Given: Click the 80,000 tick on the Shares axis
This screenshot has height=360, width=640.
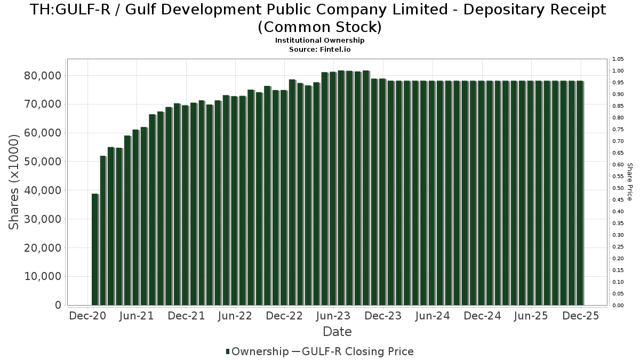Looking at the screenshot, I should [43, 76].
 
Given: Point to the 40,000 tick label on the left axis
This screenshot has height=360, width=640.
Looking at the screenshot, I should [43, 190].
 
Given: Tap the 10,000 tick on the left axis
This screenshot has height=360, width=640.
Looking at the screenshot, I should [43, 277].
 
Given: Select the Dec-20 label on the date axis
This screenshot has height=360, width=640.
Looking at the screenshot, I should [87, 316].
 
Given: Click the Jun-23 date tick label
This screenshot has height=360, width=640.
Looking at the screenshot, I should [333, 316].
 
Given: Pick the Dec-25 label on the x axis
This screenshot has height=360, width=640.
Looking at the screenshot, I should [581, 316].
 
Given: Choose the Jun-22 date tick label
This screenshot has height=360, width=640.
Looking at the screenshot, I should [235, 316].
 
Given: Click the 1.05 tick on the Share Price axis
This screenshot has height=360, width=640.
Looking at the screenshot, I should [618, 59].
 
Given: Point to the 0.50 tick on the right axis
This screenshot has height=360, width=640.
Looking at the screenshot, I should [618, 188].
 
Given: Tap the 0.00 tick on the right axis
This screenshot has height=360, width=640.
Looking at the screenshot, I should [618, 306].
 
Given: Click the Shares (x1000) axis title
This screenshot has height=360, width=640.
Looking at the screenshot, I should [14, 182].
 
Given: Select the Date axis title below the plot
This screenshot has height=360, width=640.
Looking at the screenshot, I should [337, 332].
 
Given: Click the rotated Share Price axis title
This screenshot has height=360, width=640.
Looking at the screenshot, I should [629, 182].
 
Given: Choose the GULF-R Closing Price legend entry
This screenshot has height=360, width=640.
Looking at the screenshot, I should [357, 351].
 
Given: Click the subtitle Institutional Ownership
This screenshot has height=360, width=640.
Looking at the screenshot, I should [320, 41].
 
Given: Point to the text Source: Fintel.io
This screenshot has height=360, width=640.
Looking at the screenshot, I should [320, 50].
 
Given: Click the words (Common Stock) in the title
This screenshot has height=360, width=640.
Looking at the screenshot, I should [320, 26].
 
